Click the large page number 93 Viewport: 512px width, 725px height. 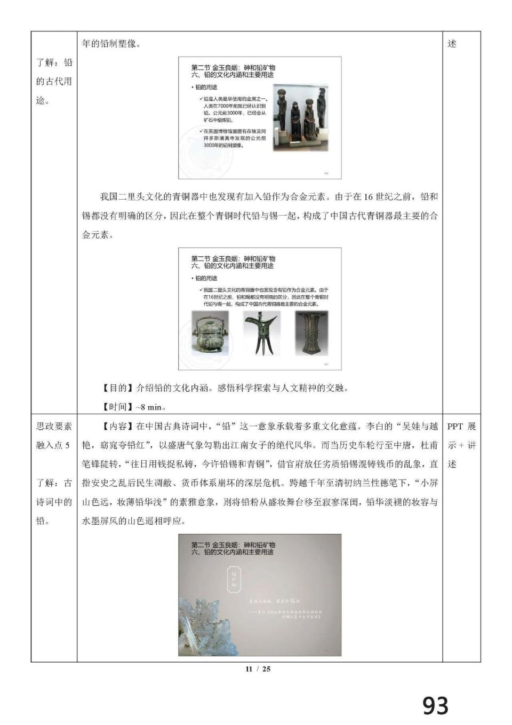435,706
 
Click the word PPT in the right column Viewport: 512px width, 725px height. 454,427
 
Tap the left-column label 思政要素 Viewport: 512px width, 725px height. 54,427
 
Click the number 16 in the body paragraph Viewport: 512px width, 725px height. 367,197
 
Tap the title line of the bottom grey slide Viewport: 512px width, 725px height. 233,545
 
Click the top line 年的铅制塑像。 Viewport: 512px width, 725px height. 111,44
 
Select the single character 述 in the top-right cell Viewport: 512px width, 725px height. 452,44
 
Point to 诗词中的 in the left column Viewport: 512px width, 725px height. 54,502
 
